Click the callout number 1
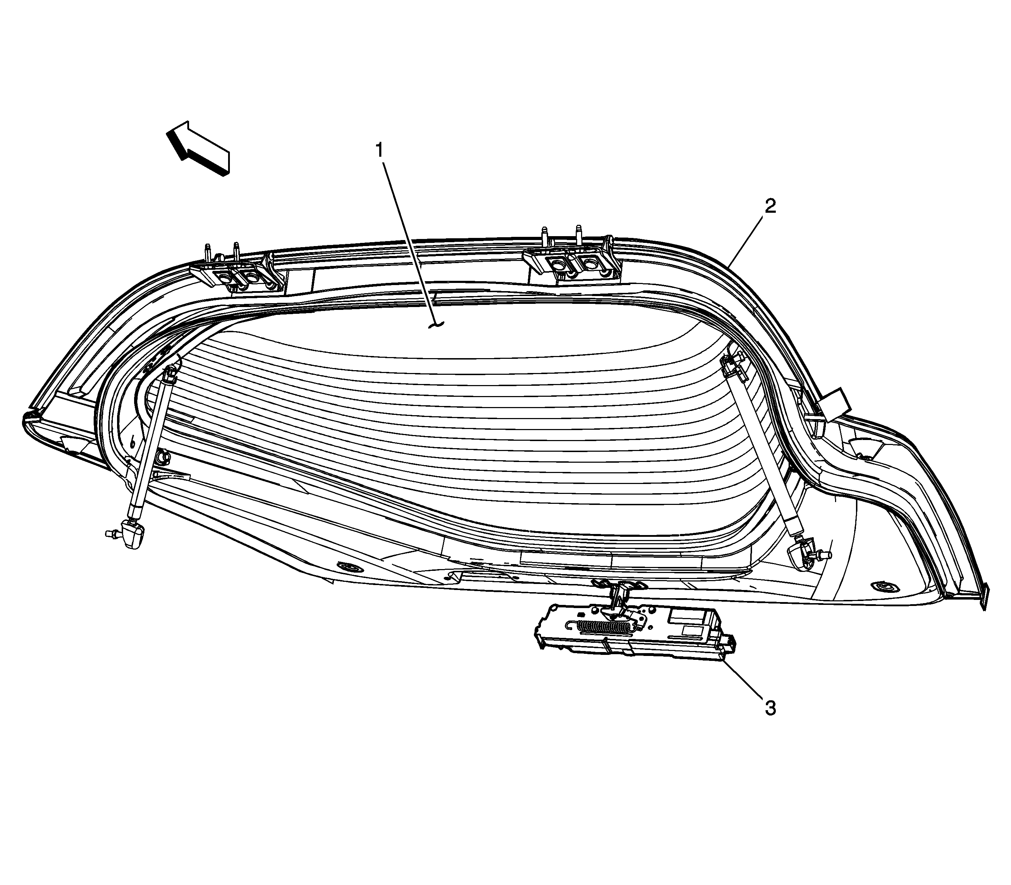[x=380, y=150]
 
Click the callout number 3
[x=770, y=708]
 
